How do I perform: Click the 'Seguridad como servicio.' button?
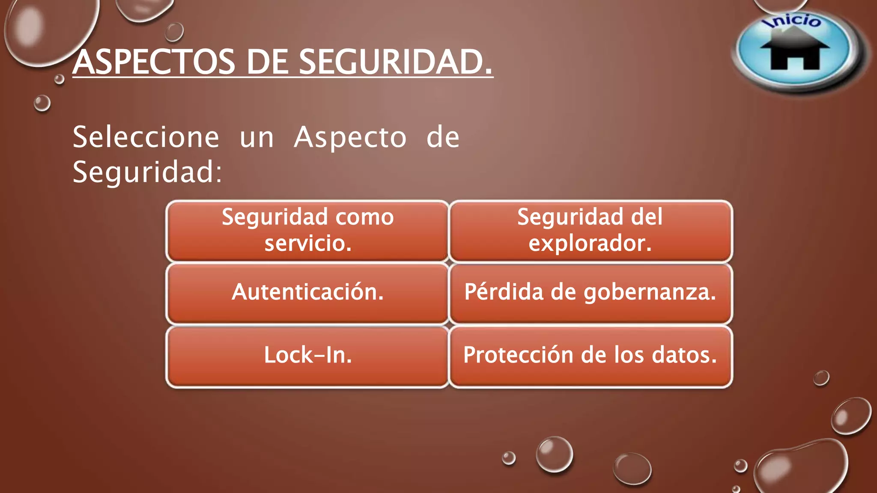(x=307, y=231)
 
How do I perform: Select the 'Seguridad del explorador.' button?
(x=591, y=231)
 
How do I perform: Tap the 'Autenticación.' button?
(x=307, y=293)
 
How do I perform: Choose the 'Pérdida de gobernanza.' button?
(x=591, y=293)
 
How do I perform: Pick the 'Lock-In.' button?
(x=307, y=356)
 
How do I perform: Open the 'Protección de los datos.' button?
(x=591, y=356)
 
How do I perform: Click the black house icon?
(x=795, y=51)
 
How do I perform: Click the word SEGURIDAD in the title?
(x=395, y=62)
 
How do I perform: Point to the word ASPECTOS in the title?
(x=154, y=62)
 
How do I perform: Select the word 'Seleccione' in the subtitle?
(x=146, y=138)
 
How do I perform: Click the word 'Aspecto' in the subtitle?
(x=350, y=138)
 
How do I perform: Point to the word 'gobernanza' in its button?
(x=649, y=293)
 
